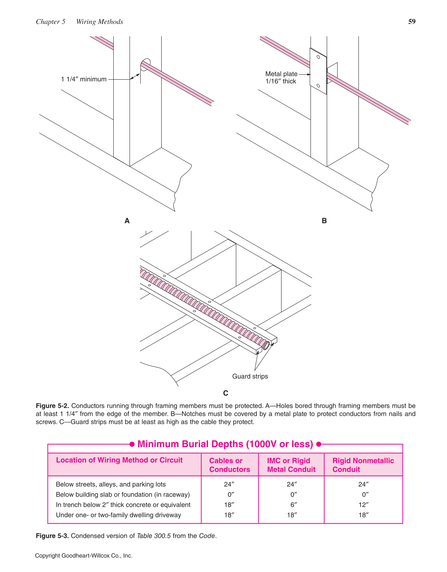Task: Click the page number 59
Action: [x=412, y=22]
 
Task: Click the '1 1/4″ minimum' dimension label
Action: [x=84, y=79]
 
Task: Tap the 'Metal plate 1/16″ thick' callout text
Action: [x=281, y=77]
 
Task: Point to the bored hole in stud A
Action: [x=145, y=65]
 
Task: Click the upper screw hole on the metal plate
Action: [x=318, y=57]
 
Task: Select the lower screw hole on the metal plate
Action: [x=318, y=85]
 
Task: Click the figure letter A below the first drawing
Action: [x=127, y=221]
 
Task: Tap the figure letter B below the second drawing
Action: [x=324, y=221]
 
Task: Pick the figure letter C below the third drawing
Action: [x=225, y=393]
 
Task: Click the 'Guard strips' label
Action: [x=250, y=376]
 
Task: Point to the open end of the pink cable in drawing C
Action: [x=266, y=345]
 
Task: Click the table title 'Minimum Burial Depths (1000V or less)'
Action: [x=225, y=444]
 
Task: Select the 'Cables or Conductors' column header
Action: [x=229, y=465]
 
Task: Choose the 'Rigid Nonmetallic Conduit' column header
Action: [x=363, y=465]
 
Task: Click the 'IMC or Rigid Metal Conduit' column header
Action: [x=291, y=465]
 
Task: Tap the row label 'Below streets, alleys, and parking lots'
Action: [x=111, y=484]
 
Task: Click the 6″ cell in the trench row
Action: [x=293, y=505]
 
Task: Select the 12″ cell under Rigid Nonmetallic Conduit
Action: [x=363, y=505]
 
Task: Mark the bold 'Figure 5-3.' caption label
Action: [x=52, y=536]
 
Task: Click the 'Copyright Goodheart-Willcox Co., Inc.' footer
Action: [x=84, y=556]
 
